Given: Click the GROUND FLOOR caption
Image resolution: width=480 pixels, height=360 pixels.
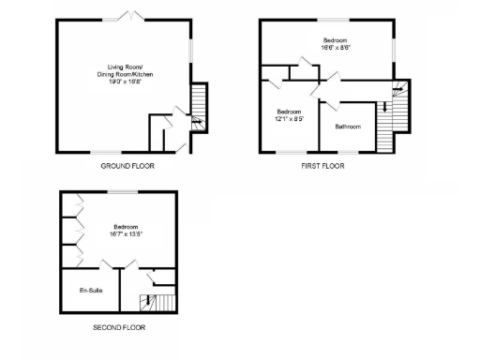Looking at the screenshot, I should [x=127, y=166].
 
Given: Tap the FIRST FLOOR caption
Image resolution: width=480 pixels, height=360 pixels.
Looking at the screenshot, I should [x=322, y=166].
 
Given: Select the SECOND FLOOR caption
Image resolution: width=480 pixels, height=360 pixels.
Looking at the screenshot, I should [x=119, y=328].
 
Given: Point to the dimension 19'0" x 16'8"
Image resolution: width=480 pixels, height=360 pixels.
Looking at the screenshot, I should [x=126, y=82].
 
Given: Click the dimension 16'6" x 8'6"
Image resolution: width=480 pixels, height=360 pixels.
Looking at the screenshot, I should [x=336, y=47].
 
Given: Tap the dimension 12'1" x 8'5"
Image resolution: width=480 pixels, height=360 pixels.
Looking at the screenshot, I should [x=289, y=118].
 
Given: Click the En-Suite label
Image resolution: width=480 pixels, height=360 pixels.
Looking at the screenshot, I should [x=91, y=292].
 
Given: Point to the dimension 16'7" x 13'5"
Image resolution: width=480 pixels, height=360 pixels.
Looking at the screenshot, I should [x=127, y=233].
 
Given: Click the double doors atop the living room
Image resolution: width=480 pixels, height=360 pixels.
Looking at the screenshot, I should [x=126, y=16].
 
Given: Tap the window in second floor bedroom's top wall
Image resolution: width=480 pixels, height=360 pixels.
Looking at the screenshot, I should [x=123, y=191].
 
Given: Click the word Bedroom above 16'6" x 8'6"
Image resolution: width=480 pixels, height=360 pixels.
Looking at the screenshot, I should [x=336, y=40].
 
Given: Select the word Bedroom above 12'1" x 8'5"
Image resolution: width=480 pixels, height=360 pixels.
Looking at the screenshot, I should [x=289, y=112].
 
